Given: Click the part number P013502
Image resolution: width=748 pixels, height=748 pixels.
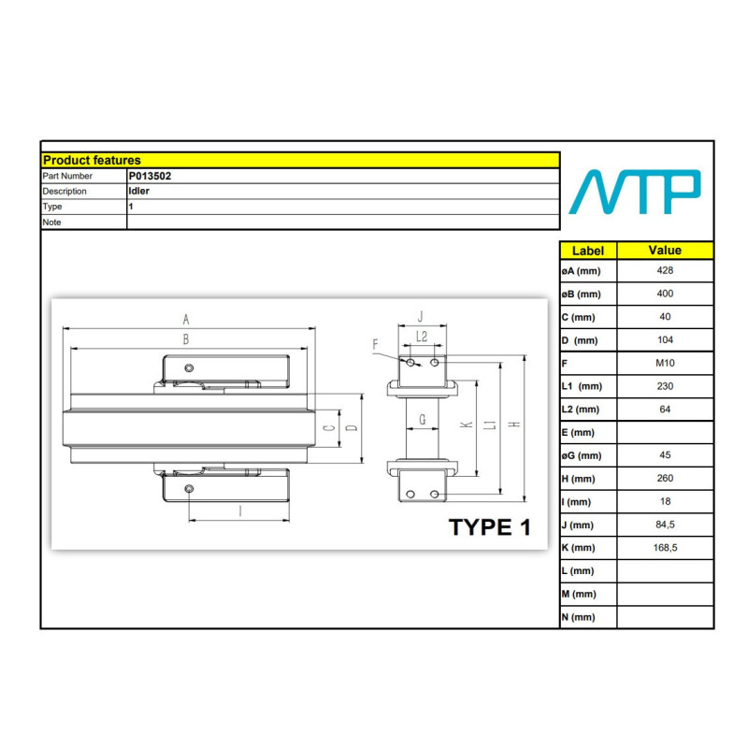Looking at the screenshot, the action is click(x=150, y=176).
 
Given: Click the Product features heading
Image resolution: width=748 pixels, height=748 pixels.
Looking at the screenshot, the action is click(x=92, y=160).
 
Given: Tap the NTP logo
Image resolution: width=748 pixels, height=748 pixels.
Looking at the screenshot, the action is click(x=635, y=192).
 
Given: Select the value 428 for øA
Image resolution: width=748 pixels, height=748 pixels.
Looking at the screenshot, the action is click(x=665, y=270).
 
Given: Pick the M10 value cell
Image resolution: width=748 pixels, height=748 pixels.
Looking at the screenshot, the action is click(x=665, y=363).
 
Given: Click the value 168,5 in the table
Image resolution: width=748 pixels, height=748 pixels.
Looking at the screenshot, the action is click(x=665, y=548).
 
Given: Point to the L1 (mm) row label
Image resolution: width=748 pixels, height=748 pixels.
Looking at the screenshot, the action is click(x=582, y=386).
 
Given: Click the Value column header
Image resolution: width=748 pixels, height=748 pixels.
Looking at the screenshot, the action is click(x=665, y=250).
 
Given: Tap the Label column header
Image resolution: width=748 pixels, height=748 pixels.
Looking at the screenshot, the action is click(x=588, y=251).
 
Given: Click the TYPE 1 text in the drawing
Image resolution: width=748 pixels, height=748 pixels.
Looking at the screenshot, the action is click(x=489, y=527).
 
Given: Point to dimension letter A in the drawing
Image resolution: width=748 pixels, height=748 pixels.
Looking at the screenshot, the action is click(x=186, y=319).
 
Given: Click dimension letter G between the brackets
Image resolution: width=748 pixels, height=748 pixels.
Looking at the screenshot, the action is click(x=423, y=420).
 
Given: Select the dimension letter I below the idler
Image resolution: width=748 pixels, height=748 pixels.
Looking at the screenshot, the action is click(x=240, y=511).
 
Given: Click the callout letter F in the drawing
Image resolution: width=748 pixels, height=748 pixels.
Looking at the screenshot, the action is click(x=376, y=344).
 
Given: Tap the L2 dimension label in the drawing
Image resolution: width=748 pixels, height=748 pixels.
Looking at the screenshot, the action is click(x=422, y=337).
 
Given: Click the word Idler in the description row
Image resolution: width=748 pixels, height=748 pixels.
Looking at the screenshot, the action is click(x=138, y=191).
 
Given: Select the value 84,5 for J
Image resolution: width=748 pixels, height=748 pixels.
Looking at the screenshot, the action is click(x=665, y=525).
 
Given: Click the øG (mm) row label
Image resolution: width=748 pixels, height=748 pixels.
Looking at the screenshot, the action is click(x=582, y=455).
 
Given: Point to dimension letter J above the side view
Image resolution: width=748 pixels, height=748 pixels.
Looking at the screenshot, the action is click(x=420, y=317).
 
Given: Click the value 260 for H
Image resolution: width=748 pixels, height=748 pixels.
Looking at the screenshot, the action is click(x=665, y=478).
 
